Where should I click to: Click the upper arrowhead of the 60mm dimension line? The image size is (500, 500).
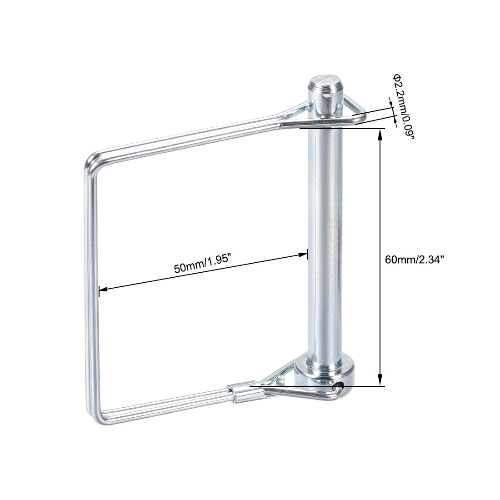click(x=380, y=133)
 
